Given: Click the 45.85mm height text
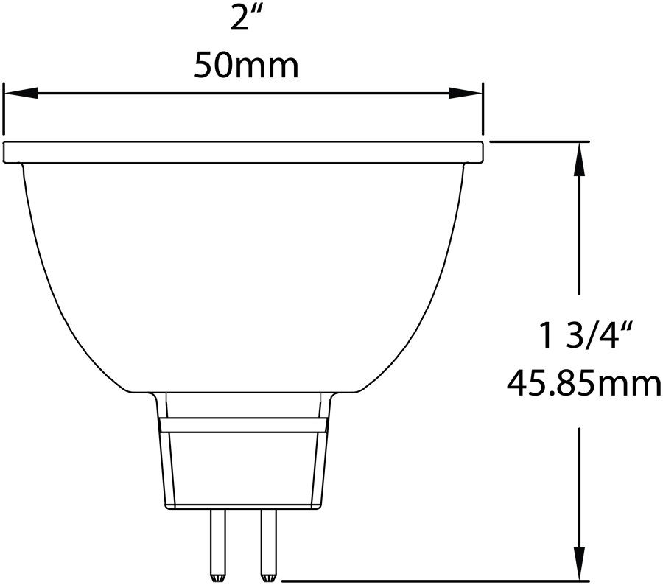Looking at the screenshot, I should point(583,384).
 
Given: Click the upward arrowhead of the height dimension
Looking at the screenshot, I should point(581,158).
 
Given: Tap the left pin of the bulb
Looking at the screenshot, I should point(218,542).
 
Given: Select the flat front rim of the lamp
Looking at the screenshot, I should point(244,152).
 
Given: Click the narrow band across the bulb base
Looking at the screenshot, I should point(244,425).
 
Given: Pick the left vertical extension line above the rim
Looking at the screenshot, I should point(4,111).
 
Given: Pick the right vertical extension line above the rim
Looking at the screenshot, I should point(483,111).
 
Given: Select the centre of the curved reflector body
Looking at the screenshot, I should point(244,273).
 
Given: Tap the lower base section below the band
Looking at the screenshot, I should point(244,468).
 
